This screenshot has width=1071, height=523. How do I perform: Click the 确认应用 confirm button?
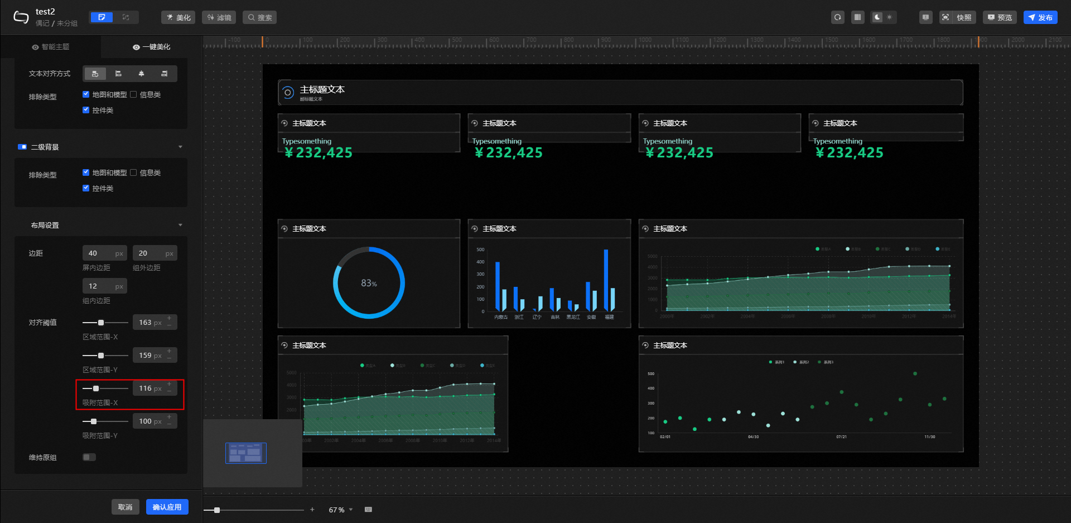tap(167, 507)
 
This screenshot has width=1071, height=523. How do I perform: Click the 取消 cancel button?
tap(125, 507)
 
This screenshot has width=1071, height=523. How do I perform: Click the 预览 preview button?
tap(1000, 17)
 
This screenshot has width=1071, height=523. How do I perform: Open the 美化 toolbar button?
tap(178, 17)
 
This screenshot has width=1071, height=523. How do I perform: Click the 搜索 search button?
tap(260, 17)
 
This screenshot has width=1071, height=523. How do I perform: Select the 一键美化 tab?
tap(152, 47)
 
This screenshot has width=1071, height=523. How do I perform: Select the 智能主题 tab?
tap(51, 47)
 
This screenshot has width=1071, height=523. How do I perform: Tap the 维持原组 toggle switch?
tap(89, 457)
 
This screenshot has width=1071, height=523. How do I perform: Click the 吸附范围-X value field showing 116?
tap(146, 388)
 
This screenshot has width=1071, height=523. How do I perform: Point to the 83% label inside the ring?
tap(369, 284)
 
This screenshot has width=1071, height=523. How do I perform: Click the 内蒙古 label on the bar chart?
tap(501, 317)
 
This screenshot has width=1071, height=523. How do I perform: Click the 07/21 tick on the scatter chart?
tap(841, 437)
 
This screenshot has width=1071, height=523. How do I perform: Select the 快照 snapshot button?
tap(957, 17)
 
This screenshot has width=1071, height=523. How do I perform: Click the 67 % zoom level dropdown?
tap(340, 510)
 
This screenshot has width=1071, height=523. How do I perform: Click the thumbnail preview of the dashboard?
tap(246, 453)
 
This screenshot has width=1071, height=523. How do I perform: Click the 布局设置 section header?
tap(45, 225)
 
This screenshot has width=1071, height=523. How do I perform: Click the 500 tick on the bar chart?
tap(480, 249)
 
